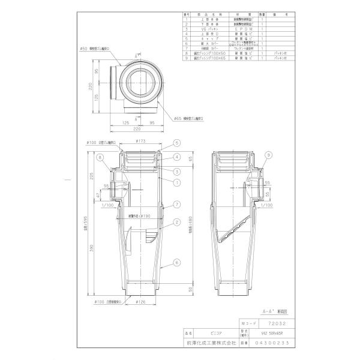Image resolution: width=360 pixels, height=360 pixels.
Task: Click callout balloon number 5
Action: (177, 143)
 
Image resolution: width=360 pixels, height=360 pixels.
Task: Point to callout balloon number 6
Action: (177, 262)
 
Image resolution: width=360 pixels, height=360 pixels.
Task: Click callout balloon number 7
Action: (177, 205)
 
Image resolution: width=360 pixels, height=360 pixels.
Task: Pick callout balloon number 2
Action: (177, 222)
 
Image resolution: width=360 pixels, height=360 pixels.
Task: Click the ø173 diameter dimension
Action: (141, 142)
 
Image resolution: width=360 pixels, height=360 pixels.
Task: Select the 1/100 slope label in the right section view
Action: (263, 205)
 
